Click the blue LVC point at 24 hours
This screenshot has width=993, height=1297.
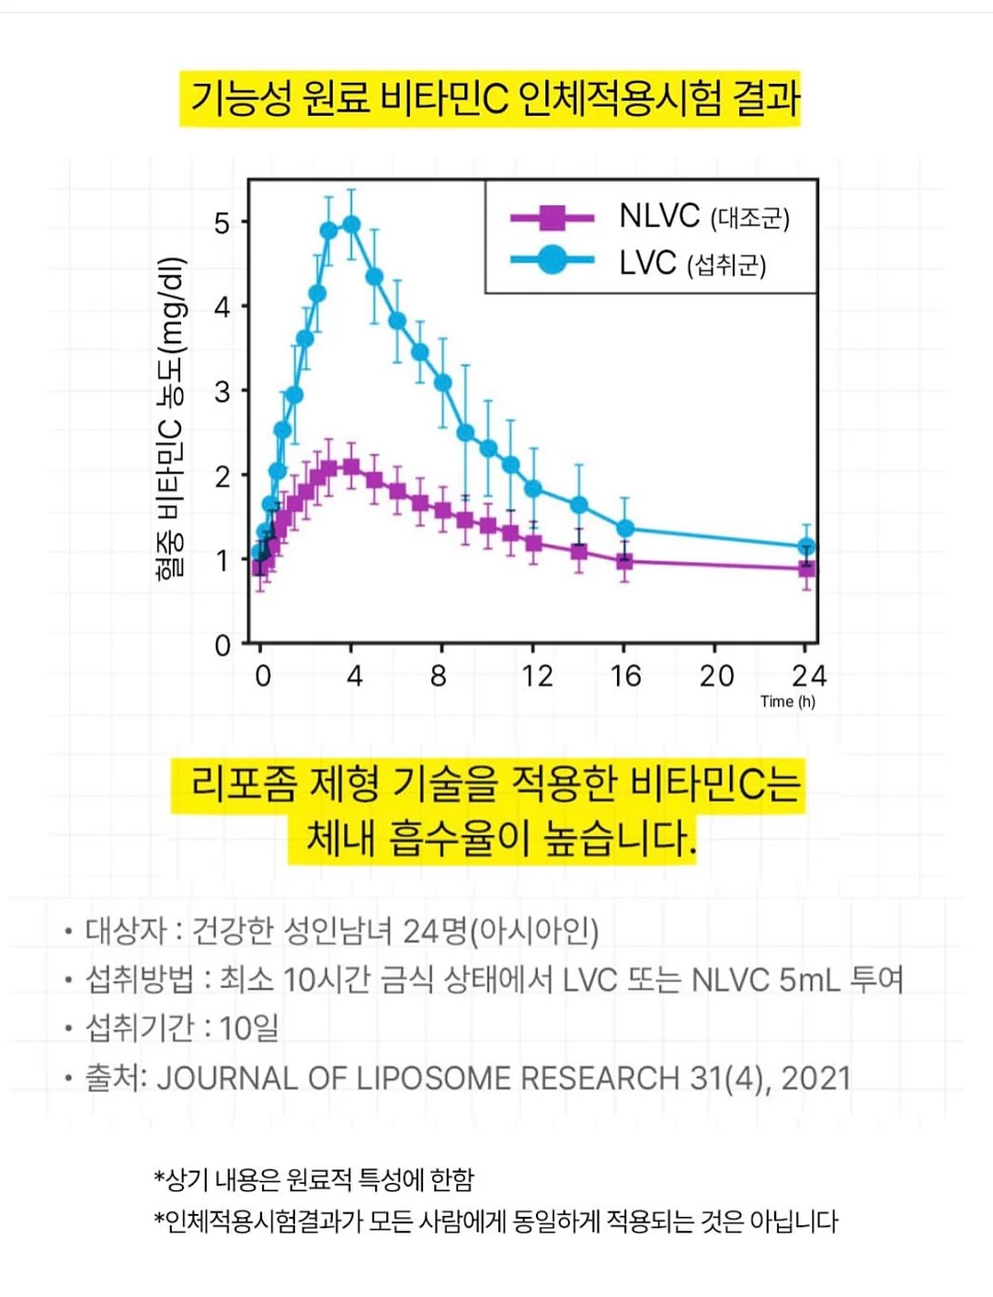click(x=806, y=546)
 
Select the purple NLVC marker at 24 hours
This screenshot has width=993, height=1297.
click(x=806, y=568)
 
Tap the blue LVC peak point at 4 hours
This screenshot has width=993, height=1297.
click(x=352, y=224)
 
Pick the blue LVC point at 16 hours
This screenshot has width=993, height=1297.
click(x=624, y=528)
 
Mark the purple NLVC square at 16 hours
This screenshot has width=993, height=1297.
click(x=624, y=561)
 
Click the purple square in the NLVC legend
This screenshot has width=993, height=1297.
click(x=553, y=217)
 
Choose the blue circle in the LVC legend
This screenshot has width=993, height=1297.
click(x=553, y=259)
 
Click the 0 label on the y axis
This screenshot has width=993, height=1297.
click(x=223, y=645)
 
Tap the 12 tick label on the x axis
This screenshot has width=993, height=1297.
click(x=537, y=676)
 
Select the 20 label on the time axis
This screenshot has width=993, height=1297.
click(x=716, y=676)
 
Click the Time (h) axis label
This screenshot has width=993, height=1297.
click(x=787, y=701)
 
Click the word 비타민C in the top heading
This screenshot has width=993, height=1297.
click(x=444, y=98)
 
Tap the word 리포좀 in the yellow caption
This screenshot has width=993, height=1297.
click(x=243, y=785)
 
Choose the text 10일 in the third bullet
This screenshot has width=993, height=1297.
click(x=249, y=1027)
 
